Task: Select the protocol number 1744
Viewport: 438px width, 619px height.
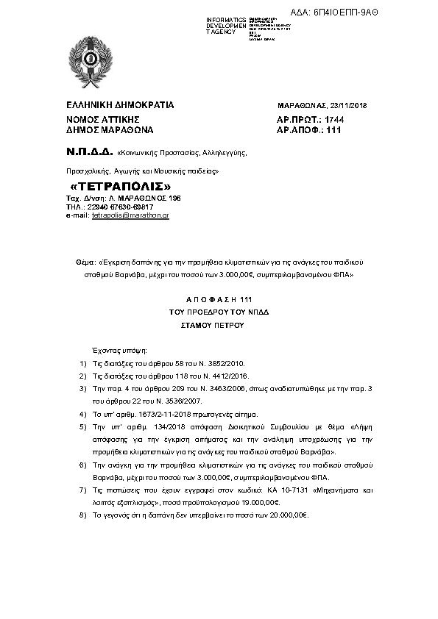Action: pyautogui.click(x=334, y=119)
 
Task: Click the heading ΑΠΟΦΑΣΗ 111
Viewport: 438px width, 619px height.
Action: pyautogui.click(x=219, y=300)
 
